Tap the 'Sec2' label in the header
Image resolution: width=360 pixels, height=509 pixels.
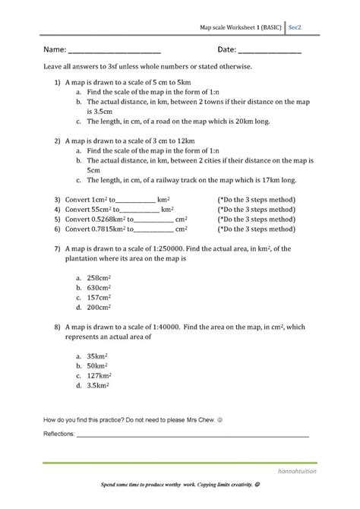(x=296, y=24)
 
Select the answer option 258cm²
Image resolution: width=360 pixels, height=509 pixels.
(x=100, y=279)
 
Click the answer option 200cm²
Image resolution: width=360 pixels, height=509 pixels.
(x=100, y=308)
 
